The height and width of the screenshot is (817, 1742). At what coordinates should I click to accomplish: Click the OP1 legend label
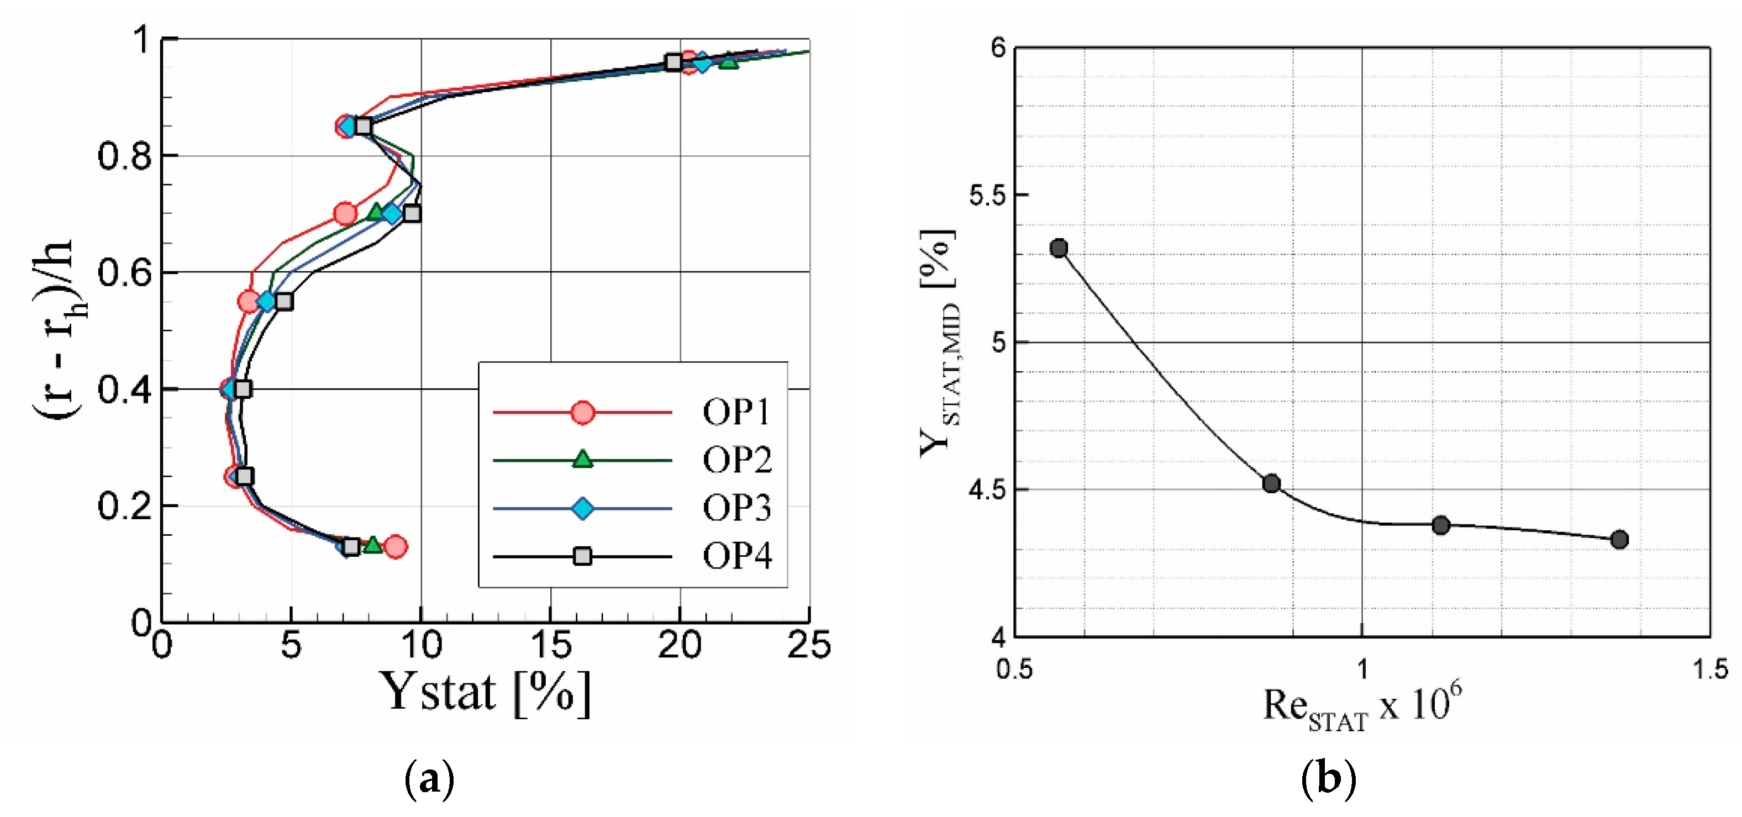pos(736,412)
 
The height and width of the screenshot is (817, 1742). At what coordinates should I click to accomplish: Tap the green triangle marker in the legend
pos(582,460)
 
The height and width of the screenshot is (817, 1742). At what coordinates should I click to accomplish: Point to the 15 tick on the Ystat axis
pos(552,645)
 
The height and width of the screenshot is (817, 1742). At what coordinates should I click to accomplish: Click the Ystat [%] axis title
pos(485,693)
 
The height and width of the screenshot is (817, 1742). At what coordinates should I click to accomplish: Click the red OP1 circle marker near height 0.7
pos(345,214)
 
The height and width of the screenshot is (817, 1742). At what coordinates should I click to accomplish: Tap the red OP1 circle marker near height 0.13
pos(396,546)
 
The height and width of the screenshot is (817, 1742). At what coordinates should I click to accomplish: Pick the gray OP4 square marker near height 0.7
pos(412,214)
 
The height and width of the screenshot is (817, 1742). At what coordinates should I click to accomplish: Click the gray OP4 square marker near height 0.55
pos(284,302)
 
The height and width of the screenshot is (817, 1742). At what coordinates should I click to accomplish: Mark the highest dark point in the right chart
pos(1059,248)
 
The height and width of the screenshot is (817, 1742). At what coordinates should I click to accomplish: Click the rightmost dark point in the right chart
pos(1619,540)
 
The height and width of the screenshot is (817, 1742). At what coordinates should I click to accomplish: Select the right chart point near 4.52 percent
pos(1271,483)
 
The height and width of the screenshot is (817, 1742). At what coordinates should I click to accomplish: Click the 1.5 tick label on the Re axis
pos(1709,670)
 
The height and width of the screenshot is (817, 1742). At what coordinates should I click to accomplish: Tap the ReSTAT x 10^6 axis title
pos(1362,707)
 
